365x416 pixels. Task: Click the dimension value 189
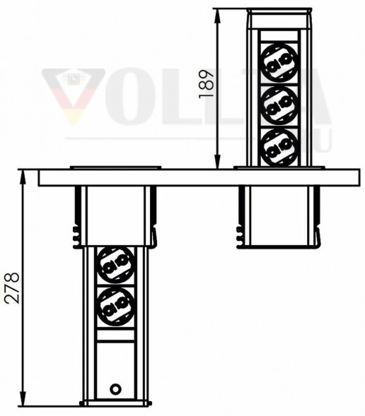coord(207,84)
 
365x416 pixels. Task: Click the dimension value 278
coord(12,288)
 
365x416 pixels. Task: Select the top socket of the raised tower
coord(279,63)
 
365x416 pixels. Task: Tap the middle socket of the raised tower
coord(279,106)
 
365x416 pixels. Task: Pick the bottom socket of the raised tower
coord(279,148)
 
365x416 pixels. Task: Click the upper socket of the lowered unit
coord(115,266)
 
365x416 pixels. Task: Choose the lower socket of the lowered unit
coord(115,307)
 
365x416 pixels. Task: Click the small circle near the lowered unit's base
coord(115,389)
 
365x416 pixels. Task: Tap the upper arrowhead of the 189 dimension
coord(218,16)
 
